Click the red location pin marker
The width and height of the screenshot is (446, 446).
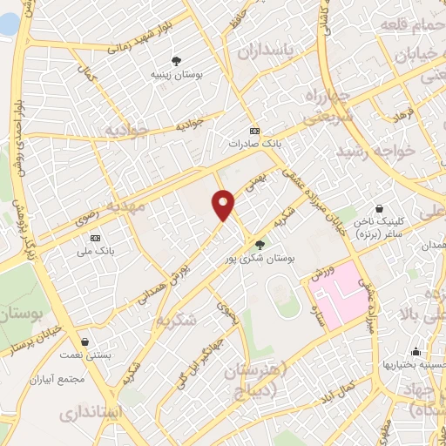224,205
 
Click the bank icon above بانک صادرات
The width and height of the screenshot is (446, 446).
254,130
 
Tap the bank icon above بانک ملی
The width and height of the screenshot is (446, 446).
96,238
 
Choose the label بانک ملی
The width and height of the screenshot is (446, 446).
96,251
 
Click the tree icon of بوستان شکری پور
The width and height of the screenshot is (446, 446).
260,244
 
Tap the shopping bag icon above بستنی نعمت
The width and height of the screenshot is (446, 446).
84,341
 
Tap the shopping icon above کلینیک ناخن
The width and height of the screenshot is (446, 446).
382,209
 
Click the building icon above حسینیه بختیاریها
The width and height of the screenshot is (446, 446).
416,353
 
